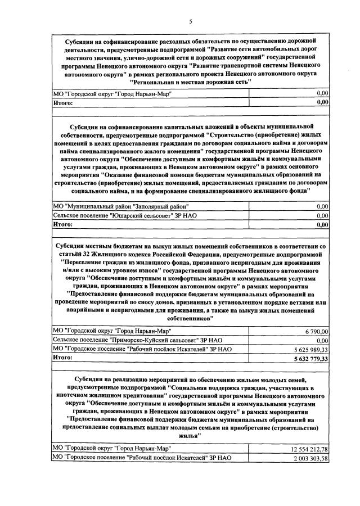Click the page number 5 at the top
[190, 21]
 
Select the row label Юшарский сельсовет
[112, 215]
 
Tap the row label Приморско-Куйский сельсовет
[118, 340]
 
